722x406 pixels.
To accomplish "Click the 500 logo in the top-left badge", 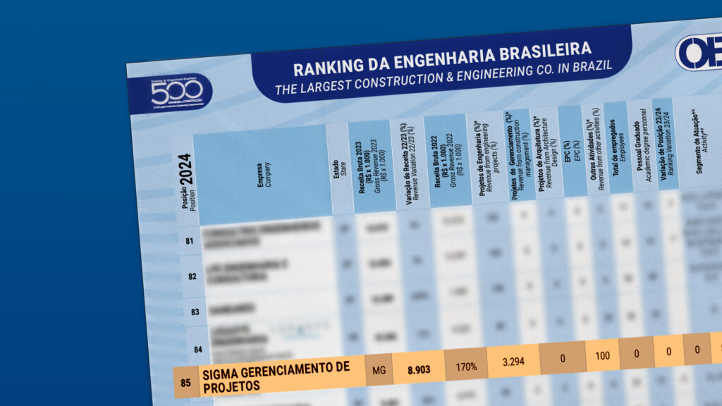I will tap(177, 92).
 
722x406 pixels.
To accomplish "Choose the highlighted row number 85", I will tap(185, 383).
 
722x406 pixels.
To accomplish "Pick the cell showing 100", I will tap(602, 355).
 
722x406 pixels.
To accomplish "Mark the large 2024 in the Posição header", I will tap(186, 169).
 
